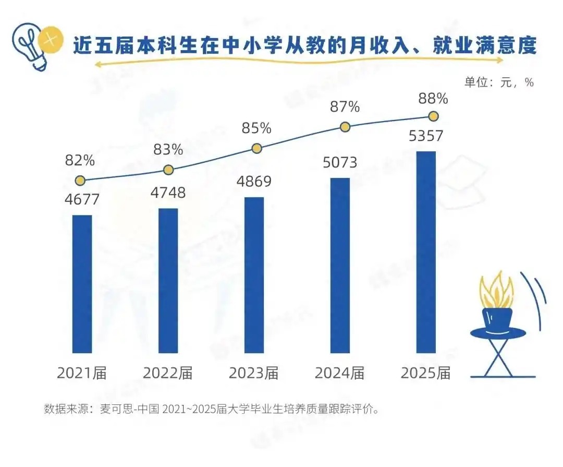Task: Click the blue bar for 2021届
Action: (x=82, y=284)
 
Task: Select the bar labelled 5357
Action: (x=426, y=252)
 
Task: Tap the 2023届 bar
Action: (x=254, y=275)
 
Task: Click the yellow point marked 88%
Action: (x=434, y=116)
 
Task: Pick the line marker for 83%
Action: (x=168, y=170)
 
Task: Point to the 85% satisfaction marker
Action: (x=256, y=148)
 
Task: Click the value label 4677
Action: (x=82, y=199)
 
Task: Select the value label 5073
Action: (x=340, y=162)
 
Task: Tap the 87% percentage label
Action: (x=345, y=107)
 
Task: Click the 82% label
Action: (x=80, y=160)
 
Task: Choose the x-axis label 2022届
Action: (x=168, y=373)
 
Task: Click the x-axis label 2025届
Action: (x=425, y=373)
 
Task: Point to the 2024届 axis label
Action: (x=340, y=373)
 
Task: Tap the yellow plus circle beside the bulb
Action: (x=51, y=39)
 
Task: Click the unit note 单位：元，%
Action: (x=499, y=82)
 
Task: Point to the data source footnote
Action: (x=211, y=409)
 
